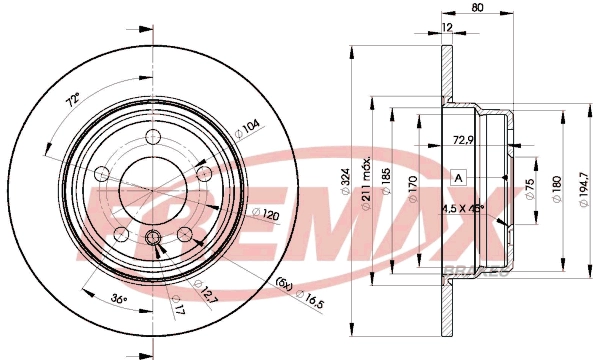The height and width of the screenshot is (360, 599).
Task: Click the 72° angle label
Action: pyautogui.click(x=72, y=102)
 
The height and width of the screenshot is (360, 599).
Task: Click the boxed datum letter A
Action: pyautogui.click(x=459, y=177)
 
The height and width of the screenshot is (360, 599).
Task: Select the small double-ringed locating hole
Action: pyautogui.click(x=153, y=237)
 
